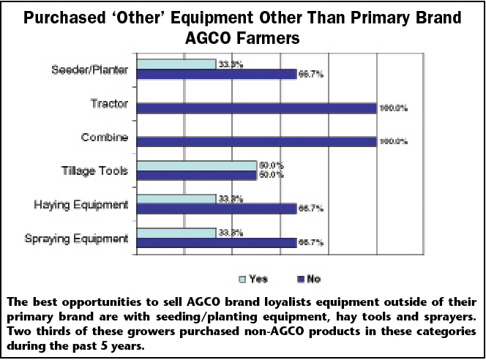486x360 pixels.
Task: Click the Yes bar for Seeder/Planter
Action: [176, 64]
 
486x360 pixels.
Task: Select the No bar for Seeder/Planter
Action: [216, 73]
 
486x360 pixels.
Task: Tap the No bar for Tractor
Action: [256, 108]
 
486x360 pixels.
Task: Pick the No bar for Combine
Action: [256, 141]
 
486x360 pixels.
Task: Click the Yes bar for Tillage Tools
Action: [196, 165]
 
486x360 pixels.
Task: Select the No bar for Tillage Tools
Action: [196, 175]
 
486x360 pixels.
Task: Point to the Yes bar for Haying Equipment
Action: [176, 199]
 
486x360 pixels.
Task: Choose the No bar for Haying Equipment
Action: [216, 209]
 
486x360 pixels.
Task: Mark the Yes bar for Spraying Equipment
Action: [176, 233]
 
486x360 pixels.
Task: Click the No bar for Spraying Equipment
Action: [216, 242]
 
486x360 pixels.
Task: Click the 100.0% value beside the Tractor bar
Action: [392, 108]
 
